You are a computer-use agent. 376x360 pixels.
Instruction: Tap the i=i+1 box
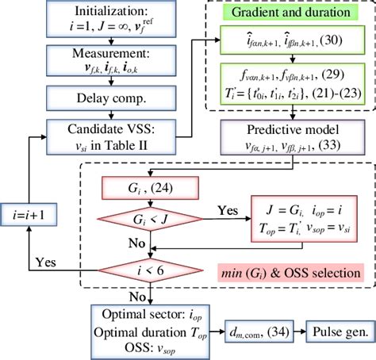pos(29,211)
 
